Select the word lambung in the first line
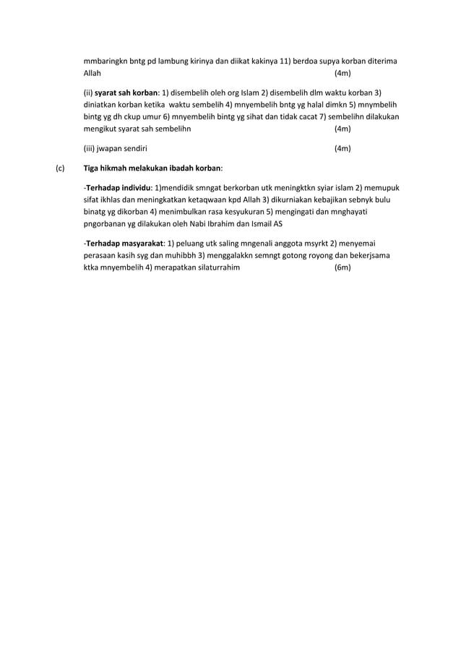coord(186,60)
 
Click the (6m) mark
coord(342,267)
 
